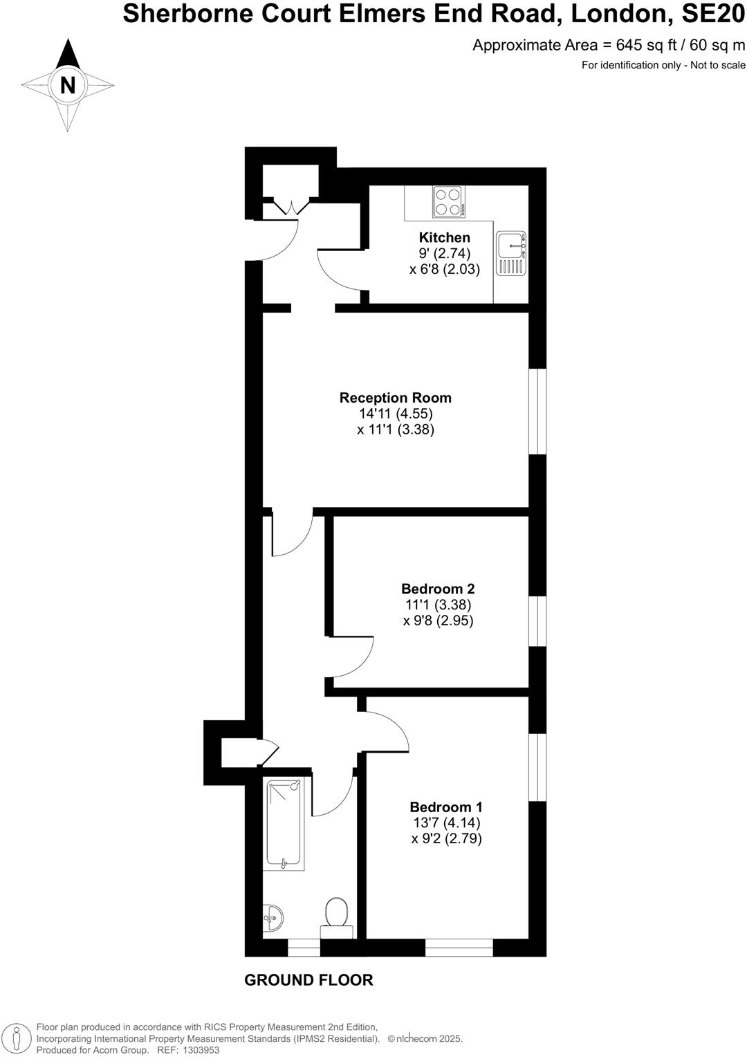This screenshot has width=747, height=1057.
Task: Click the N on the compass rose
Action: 68,85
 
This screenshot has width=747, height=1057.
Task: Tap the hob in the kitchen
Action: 448,201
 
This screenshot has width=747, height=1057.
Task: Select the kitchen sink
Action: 511,253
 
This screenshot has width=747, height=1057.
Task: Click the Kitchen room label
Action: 444,237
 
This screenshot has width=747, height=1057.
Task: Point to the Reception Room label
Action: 395,398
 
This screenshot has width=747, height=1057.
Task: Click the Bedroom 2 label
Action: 438,589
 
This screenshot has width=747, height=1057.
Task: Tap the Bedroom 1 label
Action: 446,807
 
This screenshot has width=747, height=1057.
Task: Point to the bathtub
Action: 284,822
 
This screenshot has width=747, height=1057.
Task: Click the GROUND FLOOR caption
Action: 308,980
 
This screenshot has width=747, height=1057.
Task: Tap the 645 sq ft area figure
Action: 639,46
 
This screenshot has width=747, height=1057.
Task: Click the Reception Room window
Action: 537,411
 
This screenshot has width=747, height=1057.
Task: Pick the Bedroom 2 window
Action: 537,621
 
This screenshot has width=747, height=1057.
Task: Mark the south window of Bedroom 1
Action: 459,948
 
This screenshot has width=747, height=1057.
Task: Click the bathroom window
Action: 304,948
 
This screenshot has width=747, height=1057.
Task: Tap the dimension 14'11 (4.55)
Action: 396,414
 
